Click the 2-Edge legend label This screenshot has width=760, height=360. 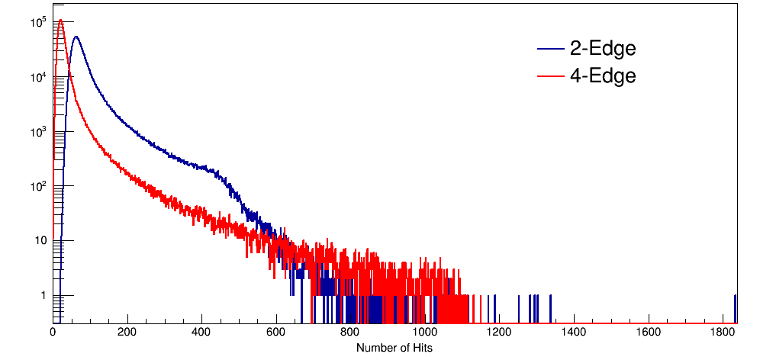pyautogui.click(x=603, y=50)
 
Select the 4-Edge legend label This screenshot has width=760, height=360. pyautogui.click(x=603, y=76)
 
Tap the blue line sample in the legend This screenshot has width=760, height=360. pyautogui.click(x=551, y=50)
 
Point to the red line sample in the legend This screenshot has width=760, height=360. pyautogui.click(x=551, y=76)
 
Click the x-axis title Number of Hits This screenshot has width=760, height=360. pyautogui.click(x=394, y=348)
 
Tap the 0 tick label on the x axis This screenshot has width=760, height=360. pyautogui.click(x=53, y=333)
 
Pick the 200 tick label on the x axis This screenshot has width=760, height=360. pyautogui.click(x=127, y=333)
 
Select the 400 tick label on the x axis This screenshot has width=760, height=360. pyautogui.click(x=202, y=333)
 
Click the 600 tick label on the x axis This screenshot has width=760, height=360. pyautogui.click(x=276, y=333)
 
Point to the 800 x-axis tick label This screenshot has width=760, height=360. pyautogui.click(x=351, y=333)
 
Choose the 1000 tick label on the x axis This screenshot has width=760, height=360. pyautogui.click(x=425, y=333)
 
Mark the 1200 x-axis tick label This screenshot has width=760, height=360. pyautogui.click(x=500, y=333)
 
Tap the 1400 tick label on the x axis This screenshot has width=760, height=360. pyautogui.click(x=574, y=333)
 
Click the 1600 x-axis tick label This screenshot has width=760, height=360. pyautogui.click(x=649, y=333)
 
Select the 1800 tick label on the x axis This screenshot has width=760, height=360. pyautogui.click(x=723, y=333)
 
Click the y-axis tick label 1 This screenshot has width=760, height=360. pyautogui.click(x=43, y=296)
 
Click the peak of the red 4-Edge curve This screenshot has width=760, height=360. pyautogui.click(x=60, y=21)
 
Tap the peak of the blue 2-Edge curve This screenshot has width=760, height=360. pyautogui.click(x=75, y=37)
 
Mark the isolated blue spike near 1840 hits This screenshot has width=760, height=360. pyautogui.click(x=735, y=305)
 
